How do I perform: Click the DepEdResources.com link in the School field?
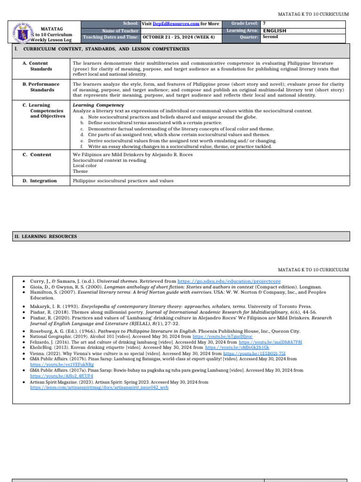pos(173,24)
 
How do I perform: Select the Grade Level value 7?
pos(264,23)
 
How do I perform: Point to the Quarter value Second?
pos(270,37)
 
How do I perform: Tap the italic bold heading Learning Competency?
pos(98,105)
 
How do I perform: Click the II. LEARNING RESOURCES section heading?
pos(46,236)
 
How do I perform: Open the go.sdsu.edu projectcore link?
pos(234,281)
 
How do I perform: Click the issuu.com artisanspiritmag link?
pos(99,387)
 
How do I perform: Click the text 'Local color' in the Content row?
pos(84,166)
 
